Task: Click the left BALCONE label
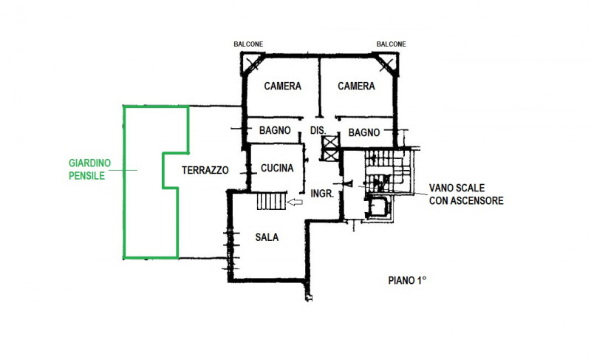click(x=248, y=44)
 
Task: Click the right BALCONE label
click(x=392, y=44)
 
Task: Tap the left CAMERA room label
click(x=283, y=86)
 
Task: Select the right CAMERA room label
click(x=356, y=86)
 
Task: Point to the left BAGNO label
click(x=275, y=130)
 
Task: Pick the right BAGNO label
click(x=364, y=133)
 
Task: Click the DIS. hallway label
click(x=318, y=130)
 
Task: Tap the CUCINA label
click(x=277, y=168)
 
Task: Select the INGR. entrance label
click(x=322, y=194)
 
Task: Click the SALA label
click(x=267, y=237)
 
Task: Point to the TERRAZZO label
click(x=205, y=170)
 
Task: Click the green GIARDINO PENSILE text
click(x=89, y=169)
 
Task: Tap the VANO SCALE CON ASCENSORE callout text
click(x=466, y=194)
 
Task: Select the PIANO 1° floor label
click(x=407, y=281)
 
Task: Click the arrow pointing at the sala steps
click(x=295, y=203)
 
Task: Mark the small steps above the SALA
click(x=272, y=201)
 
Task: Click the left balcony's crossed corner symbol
click(x=252, y=64)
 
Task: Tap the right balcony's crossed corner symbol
click(x=387, y=64)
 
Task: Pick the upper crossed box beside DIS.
click(x=329, y=143)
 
